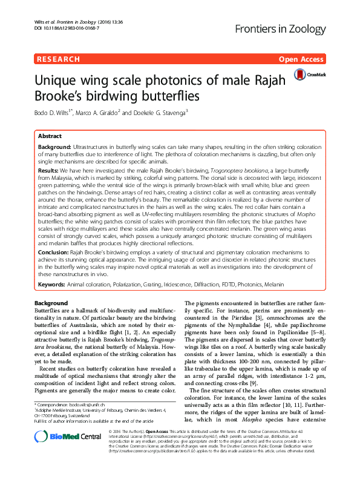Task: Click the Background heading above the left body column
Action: click(51, 303)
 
